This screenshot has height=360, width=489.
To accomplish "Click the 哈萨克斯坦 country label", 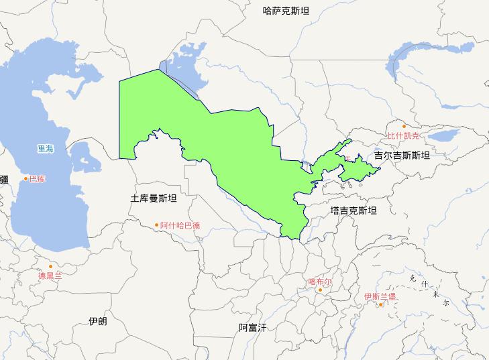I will coord(286,10).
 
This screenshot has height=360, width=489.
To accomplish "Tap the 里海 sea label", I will coord(46,149).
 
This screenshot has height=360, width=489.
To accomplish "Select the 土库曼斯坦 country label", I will coord(154,198).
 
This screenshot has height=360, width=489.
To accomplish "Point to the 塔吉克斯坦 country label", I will coord(354,211).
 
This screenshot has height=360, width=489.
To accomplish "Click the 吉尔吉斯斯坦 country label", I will coord(402,155).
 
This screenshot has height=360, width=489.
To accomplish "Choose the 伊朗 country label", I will coord(97,321).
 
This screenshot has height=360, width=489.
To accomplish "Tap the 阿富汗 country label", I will coord(253,327).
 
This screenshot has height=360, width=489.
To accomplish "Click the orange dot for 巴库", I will coord(26,178).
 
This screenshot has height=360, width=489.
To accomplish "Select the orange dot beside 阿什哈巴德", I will coord(157,225).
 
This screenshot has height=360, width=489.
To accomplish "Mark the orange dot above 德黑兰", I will coord(50,266).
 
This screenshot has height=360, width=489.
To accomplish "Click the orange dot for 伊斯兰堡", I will coord(380,304).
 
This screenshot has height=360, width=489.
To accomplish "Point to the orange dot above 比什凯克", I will coord(404,126).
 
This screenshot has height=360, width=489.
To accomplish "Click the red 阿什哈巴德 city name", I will coord(180,225).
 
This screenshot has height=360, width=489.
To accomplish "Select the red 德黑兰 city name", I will coord(50,276).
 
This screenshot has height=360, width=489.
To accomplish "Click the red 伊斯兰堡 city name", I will coord(380,296).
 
